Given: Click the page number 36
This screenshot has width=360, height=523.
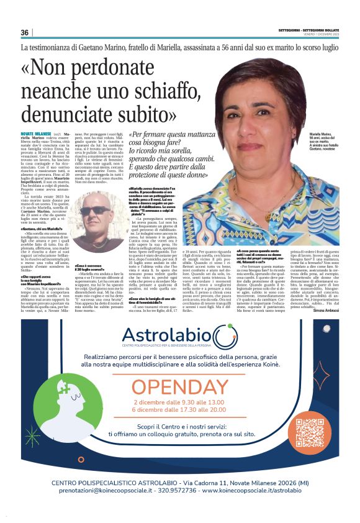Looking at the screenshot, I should click(x=25, y=33).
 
